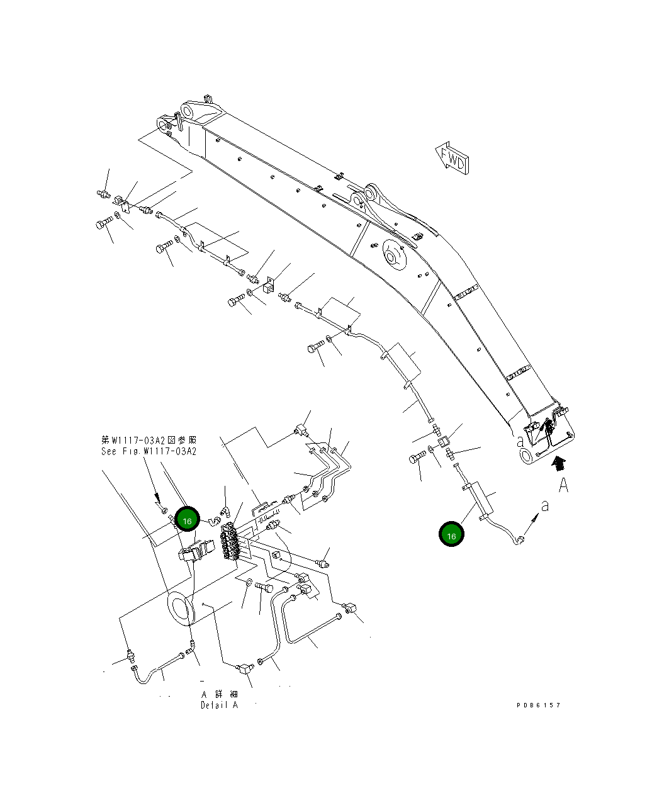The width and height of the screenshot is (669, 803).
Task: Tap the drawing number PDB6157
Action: [x=538, y=705]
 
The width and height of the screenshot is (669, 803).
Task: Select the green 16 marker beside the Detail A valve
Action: [x=187, y=521]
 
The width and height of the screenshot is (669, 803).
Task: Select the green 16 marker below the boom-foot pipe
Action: [x=451, y=535]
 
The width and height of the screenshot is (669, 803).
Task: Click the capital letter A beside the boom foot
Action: [x=563, y=485]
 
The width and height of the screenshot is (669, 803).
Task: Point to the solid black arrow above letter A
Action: [x=556, y=464]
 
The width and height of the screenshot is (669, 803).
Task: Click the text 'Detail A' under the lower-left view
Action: [x=219, y=705]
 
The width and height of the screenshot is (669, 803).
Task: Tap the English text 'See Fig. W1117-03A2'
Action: [x=149, y=451]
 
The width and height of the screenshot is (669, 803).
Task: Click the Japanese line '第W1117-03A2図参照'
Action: [x=149, y=440]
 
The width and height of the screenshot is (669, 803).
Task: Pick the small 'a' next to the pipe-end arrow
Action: [x=545, y=505]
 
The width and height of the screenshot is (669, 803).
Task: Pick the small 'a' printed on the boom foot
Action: [x=520, y=442]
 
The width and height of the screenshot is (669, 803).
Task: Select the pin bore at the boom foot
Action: [x=527, y=456]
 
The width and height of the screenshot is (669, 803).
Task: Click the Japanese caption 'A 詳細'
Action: [x=219, y=694]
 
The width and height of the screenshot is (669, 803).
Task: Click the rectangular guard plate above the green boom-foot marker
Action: [x=479, y=497]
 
